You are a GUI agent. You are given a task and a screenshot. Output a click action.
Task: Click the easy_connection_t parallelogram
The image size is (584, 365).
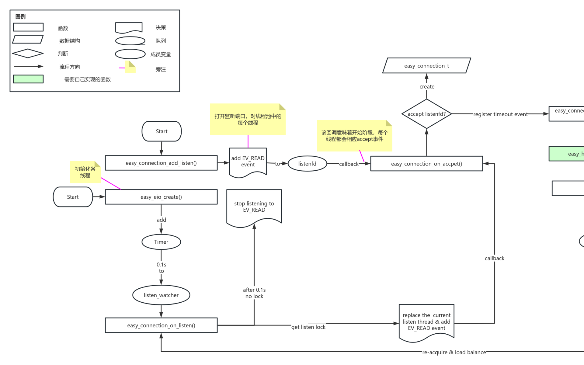click(x=426, y=66)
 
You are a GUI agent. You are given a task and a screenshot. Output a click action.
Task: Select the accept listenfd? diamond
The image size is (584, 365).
click(x=426, y=114)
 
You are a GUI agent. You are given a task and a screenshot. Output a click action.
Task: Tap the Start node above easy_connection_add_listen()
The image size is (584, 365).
click(x=162, y=131)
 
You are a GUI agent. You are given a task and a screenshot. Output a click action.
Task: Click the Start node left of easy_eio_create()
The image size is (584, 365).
click(x=73, y=197)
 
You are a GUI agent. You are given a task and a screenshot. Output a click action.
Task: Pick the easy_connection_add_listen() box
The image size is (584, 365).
click(x=161, y=163)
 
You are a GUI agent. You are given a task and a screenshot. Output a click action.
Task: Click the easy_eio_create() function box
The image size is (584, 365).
click(x=161, y=197)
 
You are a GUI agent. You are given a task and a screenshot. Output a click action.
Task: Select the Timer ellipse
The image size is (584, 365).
click(x=161, y=242)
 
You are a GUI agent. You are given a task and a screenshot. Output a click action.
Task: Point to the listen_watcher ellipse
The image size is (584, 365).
click(x=161, y=295)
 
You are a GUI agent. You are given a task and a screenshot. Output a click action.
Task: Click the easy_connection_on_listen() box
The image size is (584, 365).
click(x=161, y=325)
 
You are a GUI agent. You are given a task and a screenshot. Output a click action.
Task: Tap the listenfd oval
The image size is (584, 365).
click(x=307, y=164)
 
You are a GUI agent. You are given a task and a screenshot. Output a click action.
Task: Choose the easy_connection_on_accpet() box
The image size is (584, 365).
click(x=426, y=164)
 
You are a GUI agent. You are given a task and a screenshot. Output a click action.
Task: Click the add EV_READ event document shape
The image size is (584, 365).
click(x=248, y=162)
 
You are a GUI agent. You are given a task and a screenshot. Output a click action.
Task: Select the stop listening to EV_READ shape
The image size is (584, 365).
click(x=254, y=207)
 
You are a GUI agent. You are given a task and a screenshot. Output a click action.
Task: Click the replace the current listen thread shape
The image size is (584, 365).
click(x=426, y=322)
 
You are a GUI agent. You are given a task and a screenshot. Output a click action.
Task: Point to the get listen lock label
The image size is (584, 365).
click(x=308, y=327)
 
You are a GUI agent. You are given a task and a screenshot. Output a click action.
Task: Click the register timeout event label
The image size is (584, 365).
click(x=500, y=114)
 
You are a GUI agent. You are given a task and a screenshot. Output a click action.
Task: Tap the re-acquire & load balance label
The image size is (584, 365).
click(x=454, y=352)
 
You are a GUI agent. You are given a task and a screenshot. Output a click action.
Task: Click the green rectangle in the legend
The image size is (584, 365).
click(x=28, y=79)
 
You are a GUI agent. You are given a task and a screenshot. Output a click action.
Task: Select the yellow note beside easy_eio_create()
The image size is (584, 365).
click(x=85, y=172)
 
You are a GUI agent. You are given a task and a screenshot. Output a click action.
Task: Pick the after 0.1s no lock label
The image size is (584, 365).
click(x=254, y=293)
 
